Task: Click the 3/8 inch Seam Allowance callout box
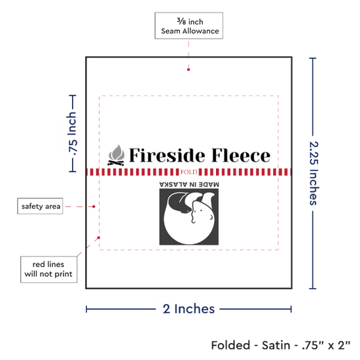click(189, 26)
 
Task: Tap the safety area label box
click(40, 206)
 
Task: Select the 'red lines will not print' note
click(48, 269)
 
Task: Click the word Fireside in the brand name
click(167, 155)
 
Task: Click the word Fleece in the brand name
click(241, 155)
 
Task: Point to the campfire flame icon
click(117, 153)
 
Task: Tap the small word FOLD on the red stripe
click(189, 172)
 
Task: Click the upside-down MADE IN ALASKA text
click(189, 185)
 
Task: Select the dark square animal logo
click(189, 217)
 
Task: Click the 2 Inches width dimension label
click(189, 309)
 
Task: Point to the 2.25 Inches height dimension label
click(314, 173)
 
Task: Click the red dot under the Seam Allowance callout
click(189, 69)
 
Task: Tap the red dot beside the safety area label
click(94, 207)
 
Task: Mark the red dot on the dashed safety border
click(99, 238)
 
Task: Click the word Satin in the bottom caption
click(276, 346)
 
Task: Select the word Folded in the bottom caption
click(231, 346)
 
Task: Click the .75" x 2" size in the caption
click(326, 346)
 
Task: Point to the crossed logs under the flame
click(116, 163)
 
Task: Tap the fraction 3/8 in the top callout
click(181, 22)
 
